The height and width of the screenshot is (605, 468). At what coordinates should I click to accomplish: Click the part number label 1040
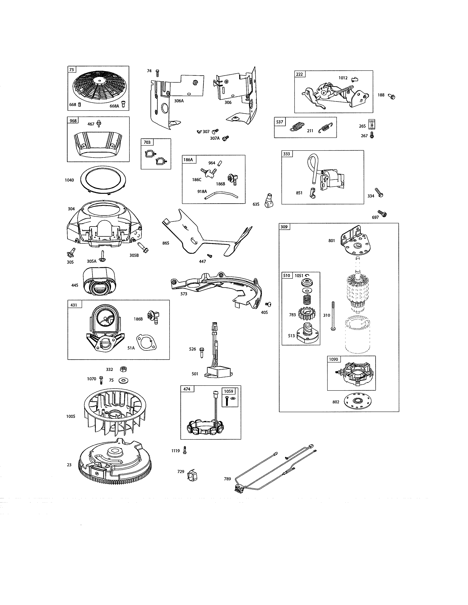69,180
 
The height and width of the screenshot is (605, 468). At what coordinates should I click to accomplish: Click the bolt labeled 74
157,73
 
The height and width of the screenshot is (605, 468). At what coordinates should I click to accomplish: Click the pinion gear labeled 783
307,314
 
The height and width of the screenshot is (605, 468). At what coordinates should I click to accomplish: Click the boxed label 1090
333,359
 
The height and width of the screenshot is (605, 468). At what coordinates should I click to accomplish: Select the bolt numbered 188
392,96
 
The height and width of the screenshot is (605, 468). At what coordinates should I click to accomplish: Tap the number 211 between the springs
310,131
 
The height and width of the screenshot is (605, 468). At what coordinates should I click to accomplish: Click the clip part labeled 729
193,475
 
